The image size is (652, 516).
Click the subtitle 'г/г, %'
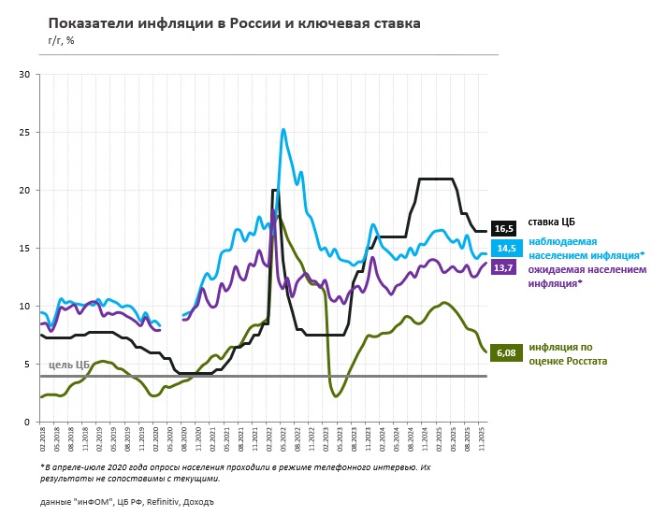[x=62, y=40]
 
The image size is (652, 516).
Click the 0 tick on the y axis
[x=28, y=423]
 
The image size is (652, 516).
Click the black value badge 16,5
[x=503, y=229]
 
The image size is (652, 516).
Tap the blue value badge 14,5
[x=503, y=249]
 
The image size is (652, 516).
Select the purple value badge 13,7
[x=503, y=268]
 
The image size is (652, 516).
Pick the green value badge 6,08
[x=503, y=353]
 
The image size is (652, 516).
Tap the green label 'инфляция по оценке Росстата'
[x=568, y=353]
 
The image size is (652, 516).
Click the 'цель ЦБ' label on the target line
[x=69, y=365]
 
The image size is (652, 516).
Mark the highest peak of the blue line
[x=283, y=129]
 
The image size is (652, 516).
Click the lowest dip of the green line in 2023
[x=336, y=396]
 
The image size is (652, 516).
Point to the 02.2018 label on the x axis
[x=43, y=441]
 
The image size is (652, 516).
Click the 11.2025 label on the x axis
[x=482, y=441]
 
